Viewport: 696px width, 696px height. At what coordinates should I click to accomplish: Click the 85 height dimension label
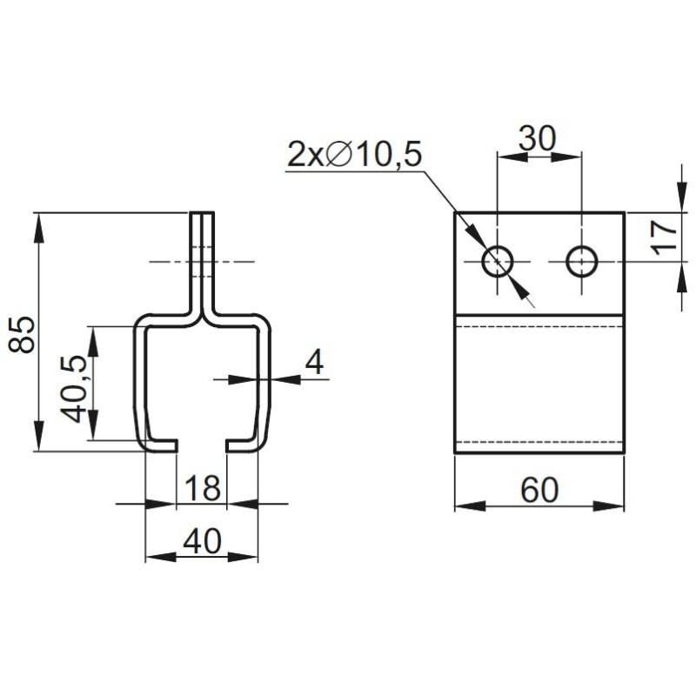pos(25,333)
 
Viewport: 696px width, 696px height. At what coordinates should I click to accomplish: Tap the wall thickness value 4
pos(315,362)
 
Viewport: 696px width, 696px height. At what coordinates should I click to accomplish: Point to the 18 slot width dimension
pos(202,488)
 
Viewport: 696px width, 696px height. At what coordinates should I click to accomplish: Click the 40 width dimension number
pos(202,543)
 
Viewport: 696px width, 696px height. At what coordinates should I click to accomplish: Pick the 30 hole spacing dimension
pos(537,138)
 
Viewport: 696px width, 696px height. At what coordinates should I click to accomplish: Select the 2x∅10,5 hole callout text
pos(354,155)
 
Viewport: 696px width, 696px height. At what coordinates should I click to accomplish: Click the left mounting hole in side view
pos(499,260)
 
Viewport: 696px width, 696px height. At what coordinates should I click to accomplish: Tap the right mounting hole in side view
pos(581,260)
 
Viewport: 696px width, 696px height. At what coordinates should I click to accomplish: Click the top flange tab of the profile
pos(202,252)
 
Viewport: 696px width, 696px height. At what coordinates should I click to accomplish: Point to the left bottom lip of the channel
pos(162,445)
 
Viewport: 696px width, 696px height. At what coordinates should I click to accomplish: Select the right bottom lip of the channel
pos(243,445)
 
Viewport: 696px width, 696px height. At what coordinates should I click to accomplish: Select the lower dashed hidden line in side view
pos(539,442)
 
